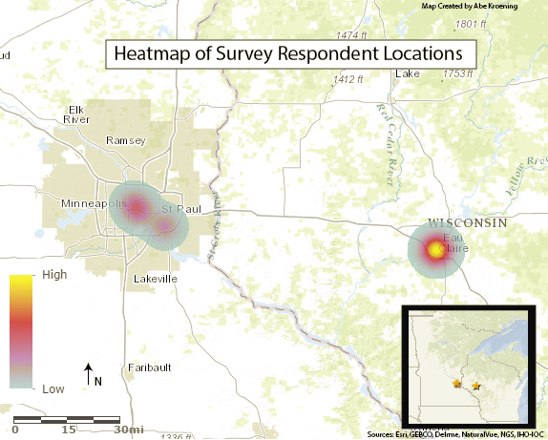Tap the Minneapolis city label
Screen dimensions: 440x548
pos(94,204)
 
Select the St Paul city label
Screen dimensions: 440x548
pos(179,209)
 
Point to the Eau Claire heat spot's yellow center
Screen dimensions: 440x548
pos(437,251)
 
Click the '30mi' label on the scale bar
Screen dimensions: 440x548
pos(129,430)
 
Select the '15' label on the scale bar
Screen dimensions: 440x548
pos(70,430)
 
